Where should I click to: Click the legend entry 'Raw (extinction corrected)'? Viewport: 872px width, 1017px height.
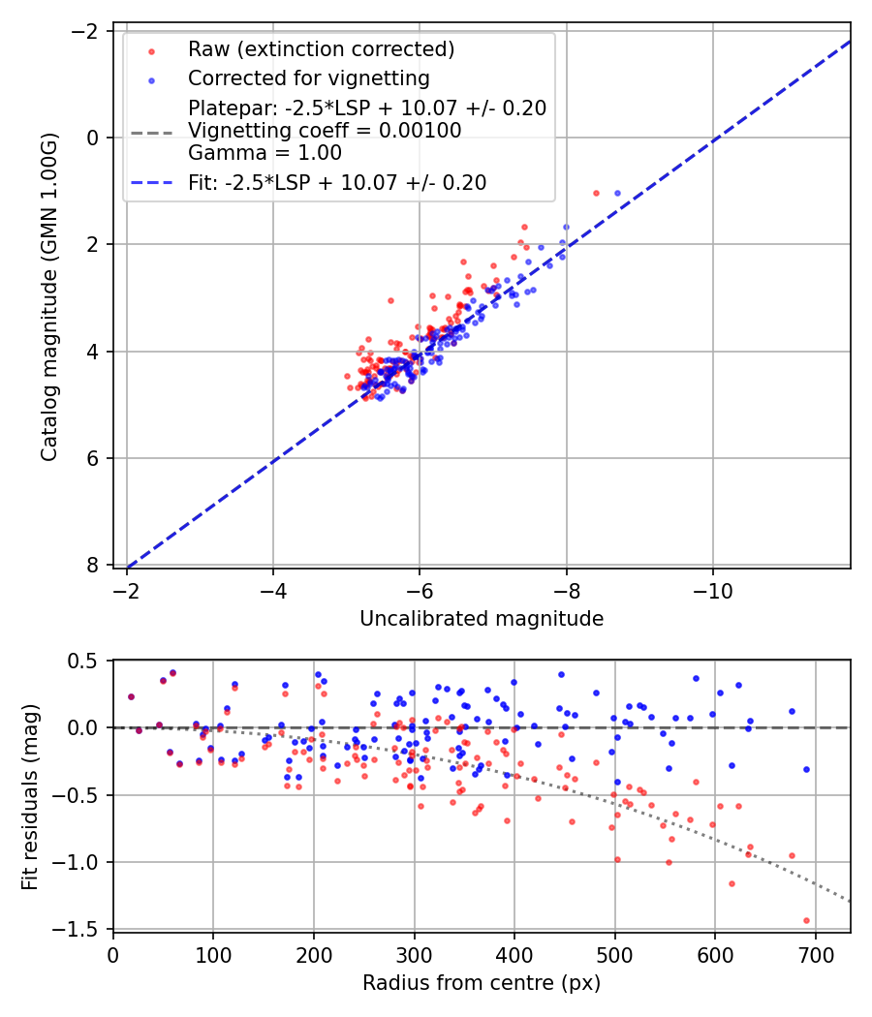(321, 49)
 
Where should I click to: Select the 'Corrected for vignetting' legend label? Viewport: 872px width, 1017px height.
(309, 77)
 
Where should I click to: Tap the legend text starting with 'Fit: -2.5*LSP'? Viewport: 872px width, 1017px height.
(337, 182)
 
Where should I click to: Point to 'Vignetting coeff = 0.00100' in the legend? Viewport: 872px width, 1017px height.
(325, 131)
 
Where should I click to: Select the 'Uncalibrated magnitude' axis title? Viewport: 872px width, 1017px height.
(482, 619)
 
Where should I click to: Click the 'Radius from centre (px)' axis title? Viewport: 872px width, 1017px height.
(482, 983)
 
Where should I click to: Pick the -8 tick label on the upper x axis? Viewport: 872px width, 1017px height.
(566, 591)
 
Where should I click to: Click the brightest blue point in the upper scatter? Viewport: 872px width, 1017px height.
(617, 194)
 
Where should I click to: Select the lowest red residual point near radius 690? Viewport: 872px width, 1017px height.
(806, 920)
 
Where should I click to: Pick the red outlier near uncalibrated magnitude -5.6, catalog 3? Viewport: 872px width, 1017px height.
(390, 300)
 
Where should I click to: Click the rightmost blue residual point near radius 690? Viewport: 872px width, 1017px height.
(806, 769)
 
